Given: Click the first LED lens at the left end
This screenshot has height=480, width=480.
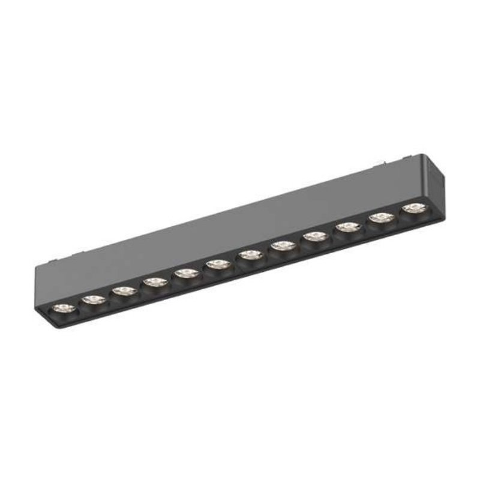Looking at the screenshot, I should point(64,308).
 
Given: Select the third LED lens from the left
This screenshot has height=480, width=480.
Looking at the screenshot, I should point(124,291).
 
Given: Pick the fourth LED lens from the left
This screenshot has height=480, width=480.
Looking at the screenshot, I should point(155,282).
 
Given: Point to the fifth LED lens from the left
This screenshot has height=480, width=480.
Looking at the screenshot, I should point(187,274).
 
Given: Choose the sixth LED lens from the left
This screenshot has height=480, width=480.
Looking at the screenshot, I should point(218,265).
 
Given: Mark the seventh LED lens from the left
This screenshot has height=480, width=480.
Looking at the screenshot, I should point(250,256).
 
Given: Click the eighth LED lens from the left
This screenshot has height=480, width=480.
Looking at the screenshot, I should point(282,246).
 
